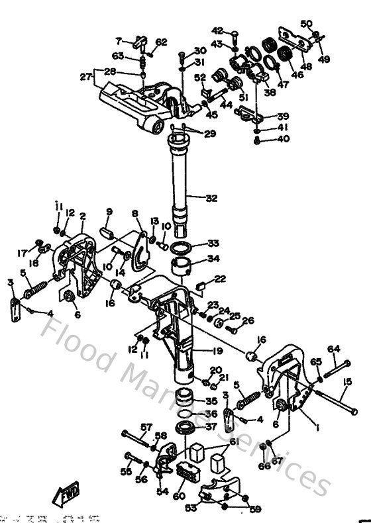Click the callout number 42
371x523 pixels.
tap(217, 30)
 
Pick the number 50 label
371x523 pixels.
tap(305, 24)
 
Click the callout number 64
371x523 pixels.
tap(333, 348)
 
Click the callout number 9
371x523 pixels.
tap(110, 211)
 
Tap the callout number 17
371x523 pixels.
tap(23, 252)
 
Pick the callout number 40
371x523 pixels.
tap(283, 139)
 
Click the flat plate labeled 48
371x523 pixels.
tap(295, 38)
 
